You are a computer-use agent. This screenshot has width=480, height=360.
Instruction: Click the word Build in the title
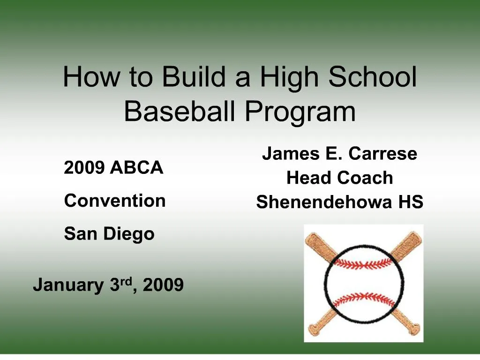195,77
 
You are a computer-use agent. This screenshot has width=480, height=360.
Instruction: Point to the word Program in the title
300,112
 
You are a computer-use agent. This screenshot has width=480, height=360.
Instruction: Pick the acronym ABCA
136,167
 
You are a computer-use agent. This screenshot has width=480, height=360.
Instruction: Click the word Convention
115,201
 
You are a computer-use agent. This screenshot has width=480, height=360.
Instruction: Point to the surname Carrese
383,154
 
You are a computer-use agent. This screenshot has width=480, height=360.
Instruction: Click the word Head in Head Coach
306,178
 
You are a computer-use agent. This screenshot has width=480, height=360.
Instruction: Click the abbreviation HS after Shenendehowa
411,202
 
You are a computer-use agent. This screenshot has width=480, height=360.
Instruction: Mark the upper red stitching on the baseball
364,264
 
